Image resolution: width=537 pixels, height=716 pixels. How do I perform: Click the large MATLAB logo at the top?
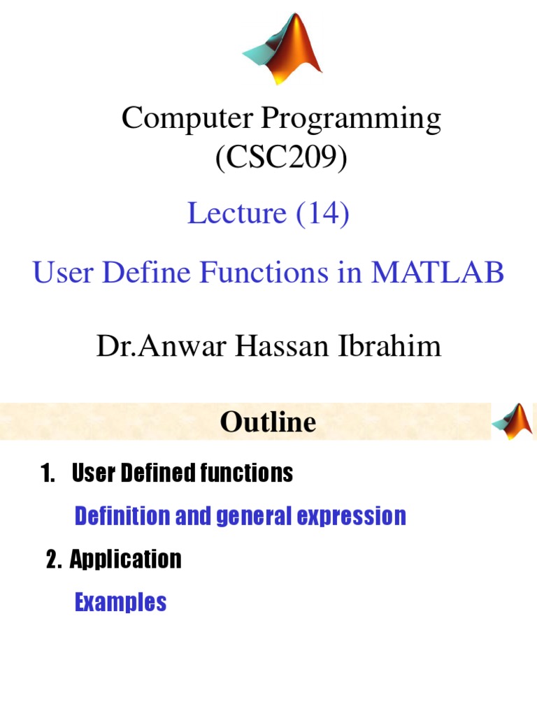coord(283,49)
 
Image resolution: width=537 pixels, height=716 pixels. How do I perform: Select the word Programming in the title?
coord(352,120)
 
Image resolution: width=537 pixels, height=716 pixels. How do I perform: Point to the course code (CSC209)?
coord(280,159)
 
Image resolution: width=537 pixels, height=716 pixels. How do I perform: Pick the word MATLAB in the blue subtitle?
coord(438,273)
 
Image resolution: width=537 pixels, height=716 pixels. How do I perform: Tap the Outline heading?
coord(268,422)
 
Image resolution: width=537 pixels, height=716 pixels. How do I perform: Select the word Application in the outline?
coord(126,559)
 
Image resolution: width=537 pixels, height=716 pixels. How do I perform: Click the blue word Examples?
coord(120,602)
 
